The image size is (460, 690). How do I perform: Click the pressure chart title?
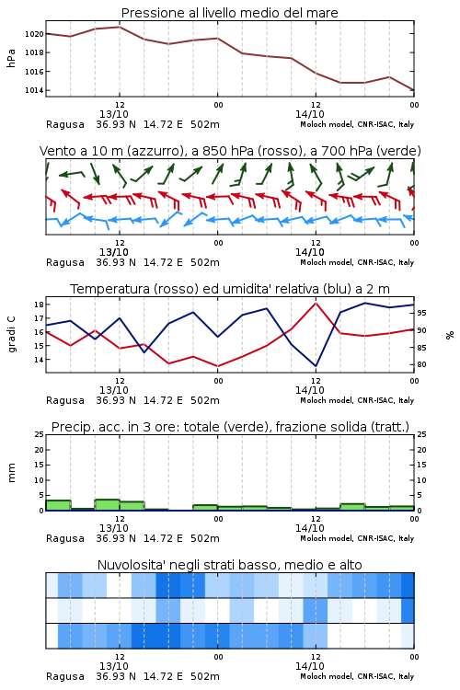(229, 13)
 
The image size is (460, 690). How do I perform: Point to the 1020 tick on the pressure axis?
(34, 34)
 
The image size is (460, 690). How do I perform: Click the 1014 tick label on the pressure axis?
(34, 91)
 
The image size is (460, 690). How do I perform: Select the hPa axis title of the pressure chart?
(11, 58)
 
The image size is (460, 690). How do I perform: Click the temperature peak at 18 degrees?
(316, 303)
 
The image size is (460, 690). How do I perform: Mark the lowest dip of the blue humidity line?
(316, 365)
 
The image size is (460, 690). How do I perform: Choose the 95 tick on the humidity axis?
(421, 313)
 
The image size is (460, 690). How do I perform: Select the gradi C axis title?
(11, 335)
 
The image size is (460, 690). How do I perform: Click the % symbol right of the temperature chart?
(450, 335)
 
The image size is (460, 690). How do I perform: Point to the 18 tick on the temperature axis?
(39, 305)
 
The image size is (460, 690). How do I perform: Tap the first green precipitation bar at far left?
(59, 505)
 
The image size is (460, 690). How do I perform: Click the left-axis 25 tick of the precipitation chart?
(39, 434)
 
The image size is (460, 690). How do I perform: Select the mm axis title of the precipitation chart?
(11, 473)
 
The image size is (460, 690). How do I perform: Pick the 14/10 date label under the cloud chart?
(309, 666)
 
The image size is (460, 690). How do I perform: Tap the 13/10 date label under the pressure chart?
(114, 114)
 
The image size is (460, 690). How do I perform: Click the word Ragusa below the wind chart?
(65, 263)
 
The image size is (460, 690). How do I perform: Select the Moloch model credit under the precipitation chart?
(357, 538)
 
